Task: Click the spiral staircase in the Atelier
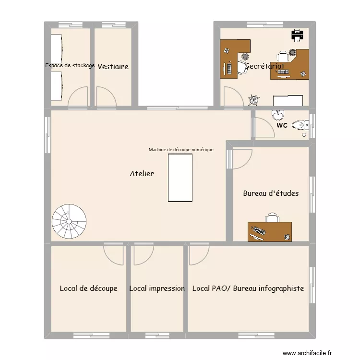(x=70, y=221)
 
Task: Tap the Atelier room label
(x=142, y=174)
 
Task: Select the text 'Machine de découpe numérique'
(x=181, y=150)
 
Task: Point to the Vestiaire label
(x=113, y=67)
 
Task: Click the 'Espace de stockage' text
(x=70, y=65)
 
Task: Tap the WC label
(x=282, y=126)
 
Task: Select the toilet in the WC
(x=301, y=125)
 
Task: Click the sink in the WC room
(x=278, y=115)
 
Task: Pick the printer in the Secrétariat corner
(x=297, y=35)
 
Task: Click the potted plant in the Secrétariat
(x=253, y=100)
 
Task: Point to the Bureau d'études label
(x=271, y=193)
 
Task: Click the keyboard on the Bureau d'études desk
(x=258, y=230)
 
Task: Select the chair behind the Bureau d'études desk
(x=272, y=217)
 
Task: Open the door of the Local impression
(x=143, y=255)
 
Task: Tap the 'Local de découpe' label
(x=88, y=288)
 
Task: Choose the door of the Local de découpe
(x=114, y=254)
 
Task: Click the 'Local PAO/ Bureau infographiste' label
(x=248, y=288)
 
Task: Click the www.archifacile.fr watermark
(x=307, y=353)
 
